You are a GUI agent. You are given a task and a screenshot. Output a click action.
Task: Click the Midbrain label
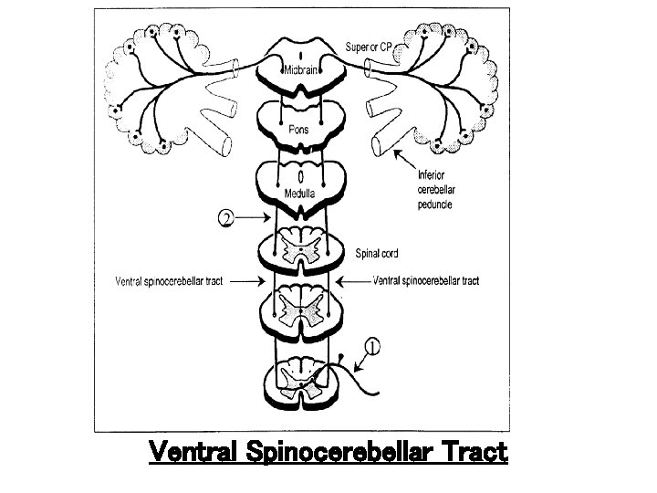click(301, 70)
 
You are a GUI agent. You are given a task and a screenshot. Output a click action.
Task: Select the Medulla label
click(300, 193)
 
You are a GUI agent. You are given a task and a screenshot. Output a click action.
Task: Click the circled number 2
click(228, 218)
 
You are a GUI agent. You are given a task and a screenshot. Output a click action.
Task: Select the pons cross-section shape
click(301, 119)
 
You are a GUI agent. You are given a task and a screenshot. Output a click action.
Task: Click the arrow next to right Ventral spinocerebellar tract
click(356, 281)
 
